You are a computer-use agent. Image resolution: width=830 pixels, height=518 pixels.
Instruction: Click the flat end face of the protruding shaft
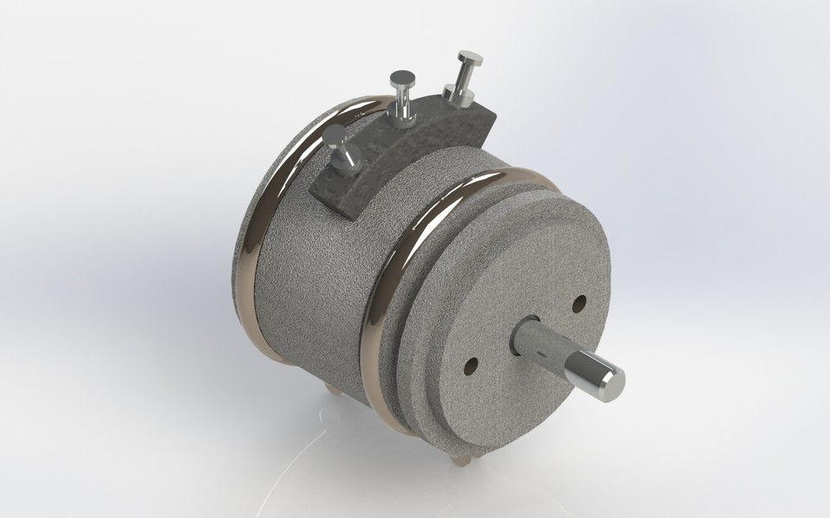612,382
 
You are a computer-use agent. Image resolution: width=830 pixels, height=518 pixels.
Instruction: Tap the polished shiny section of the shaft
589,372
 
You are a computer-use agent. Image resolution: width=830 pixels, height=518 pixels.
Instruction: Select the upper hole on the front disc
578,303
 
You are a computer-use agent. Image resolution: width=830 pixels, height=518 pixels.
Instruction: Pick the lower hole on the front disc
470,366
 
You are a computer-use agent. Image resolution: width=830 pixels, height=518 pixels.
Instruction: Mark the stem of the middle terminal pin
402,101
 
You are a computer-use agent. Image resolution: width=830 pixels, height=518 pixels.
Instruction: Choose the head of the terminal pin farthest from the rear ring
469,60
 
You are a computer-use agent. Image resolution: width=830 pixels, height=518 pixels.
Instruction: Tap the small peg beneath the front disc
460,458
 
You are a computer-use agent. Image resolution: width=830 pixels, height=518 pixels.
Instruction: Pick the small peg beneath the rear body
332,390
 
